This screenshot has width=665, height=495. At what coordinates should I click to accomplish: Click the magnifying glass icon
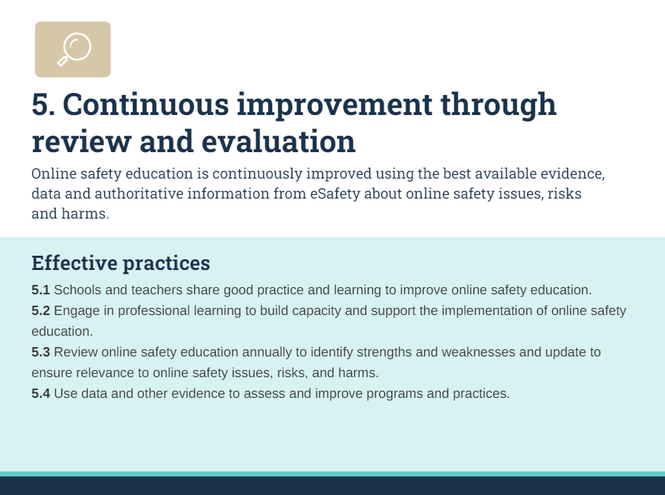[74, 49]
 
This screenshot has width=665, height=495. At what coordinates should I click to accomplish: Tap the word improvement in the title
[334, 105]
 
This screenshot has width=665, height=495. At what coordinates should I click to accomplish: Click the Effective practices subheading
[121, 263]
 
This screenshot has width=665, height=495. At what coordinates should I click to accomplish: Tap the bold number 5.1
[41, 291]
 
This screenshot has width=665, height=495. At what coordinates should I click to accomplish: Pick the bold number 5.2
[41, 311]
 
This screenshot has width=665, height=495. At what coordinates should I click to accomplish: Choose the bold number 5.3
[41, 352]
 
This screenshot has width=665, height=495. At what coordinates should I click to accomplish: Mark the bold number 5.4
[41, 394]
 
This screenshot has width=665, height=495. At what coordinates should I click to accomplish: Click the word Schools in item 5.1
[76, 291]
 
